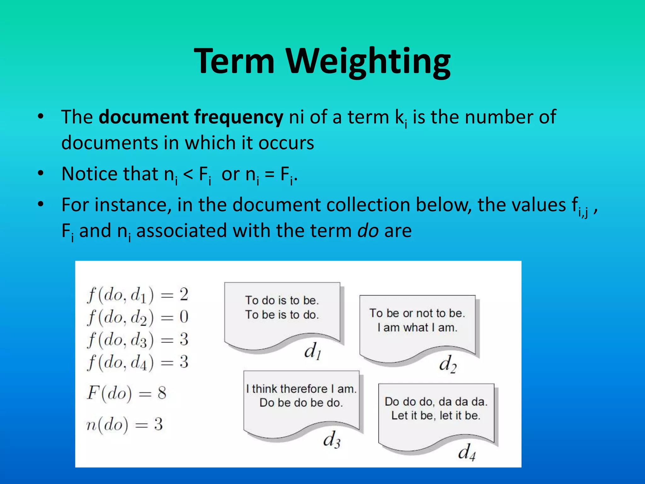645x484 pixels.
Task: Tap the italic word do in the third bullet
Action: pos(368,231)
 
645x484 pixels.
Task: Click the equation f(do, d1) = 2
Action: pos(138,295)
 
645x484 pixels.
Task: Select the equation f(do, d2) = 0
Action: pos(138,318)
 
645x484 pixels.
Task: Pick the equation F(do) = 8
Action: pos(126,393)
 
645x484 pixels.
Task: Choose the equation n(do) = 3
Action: pos(124,424)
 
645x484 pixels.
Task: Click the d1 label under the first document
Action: pos(312,351)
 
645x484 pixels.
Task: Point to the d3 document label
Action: pos(331,439)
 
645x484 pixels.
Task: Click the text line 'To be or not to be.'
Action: pos(417,313)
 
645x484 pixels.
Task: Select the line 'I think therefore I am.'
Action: pos(301,389)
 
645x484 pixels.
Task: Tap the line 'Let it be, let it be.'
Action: pos(436,416)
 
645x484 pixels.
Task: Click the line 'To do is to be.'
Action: pos(282,300)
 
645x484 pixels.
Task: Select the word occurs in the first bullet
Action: pos(286,143)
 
